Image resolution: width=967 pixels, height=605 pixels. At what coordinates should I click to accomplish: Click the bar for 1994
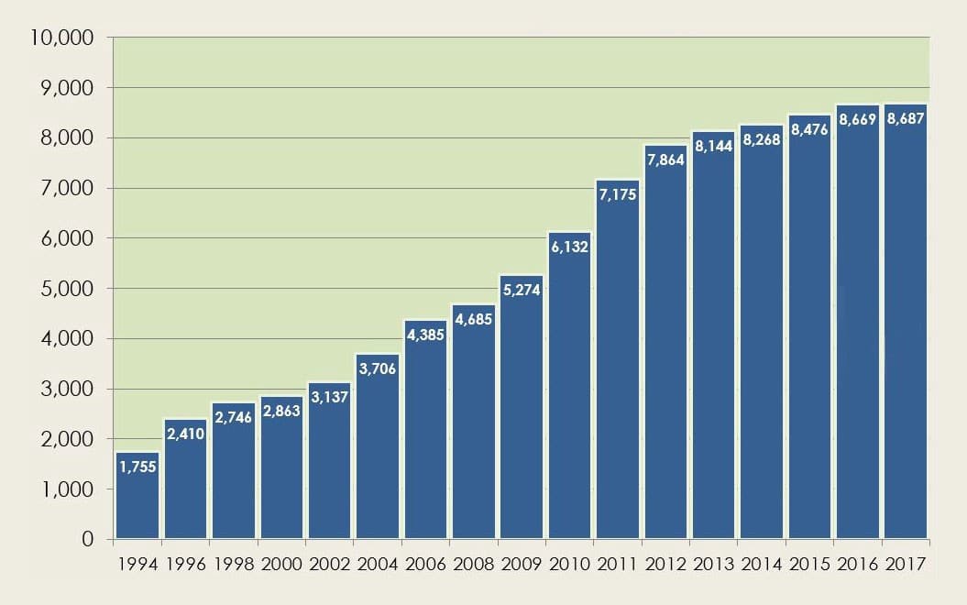click(x=137, y=500)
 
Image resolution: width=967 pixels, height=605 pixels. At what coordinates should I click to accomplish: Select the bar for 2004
click(x=378, y=449)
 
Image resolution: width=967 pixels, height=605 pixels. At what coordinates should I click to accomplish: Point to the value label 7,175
click(x=617, y=194)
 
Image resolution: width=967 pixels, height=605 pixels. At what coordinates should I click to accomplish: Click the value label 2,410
click(x=185, y=434)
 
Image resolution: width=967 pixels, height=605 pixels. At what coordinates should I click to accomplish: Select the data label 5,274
click(x=522, y=290)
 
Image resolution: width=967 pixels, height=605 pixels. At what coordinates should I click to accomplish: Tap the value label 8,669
click(x=858, y=120)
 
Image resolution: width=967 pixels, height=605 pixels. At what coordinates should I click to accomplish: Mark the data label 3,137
click(x=329, y=397)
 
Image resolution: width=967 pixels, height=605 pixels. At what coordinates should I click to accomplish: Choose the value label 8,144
click(x=714, y=146)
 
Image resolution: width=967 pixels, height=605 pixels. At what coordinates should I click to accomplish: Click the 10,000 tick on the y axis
click(x=63, y=38)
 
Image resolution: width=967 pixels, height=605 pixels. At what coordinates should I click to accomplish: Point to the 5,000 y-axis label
click(x=69, y=289)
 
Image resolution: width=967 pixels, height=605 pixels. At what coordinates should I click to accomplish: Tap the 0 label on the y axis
click(x=88, y=539)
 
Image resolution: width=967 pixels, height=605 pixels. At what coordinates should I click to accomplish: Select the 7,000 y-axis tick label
click(x=69, y=189)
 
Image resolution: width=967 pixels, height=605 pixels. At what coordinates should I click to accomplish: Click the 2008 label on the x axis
click(x=474, y=564)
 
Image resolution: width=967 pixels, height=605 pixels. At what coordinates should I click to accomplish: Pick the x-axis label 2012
click(x=665, y=564)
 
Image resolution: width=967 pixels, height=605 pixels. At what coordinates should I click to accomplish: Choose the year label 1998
click(x=234, y=564)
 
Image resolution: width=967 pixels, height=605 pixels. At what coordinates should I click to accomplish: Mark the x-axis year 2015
click(x=809, y=564)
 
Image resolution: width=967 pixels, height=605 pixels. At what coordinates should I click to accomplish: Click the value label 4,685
click(x=474, y=319)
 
